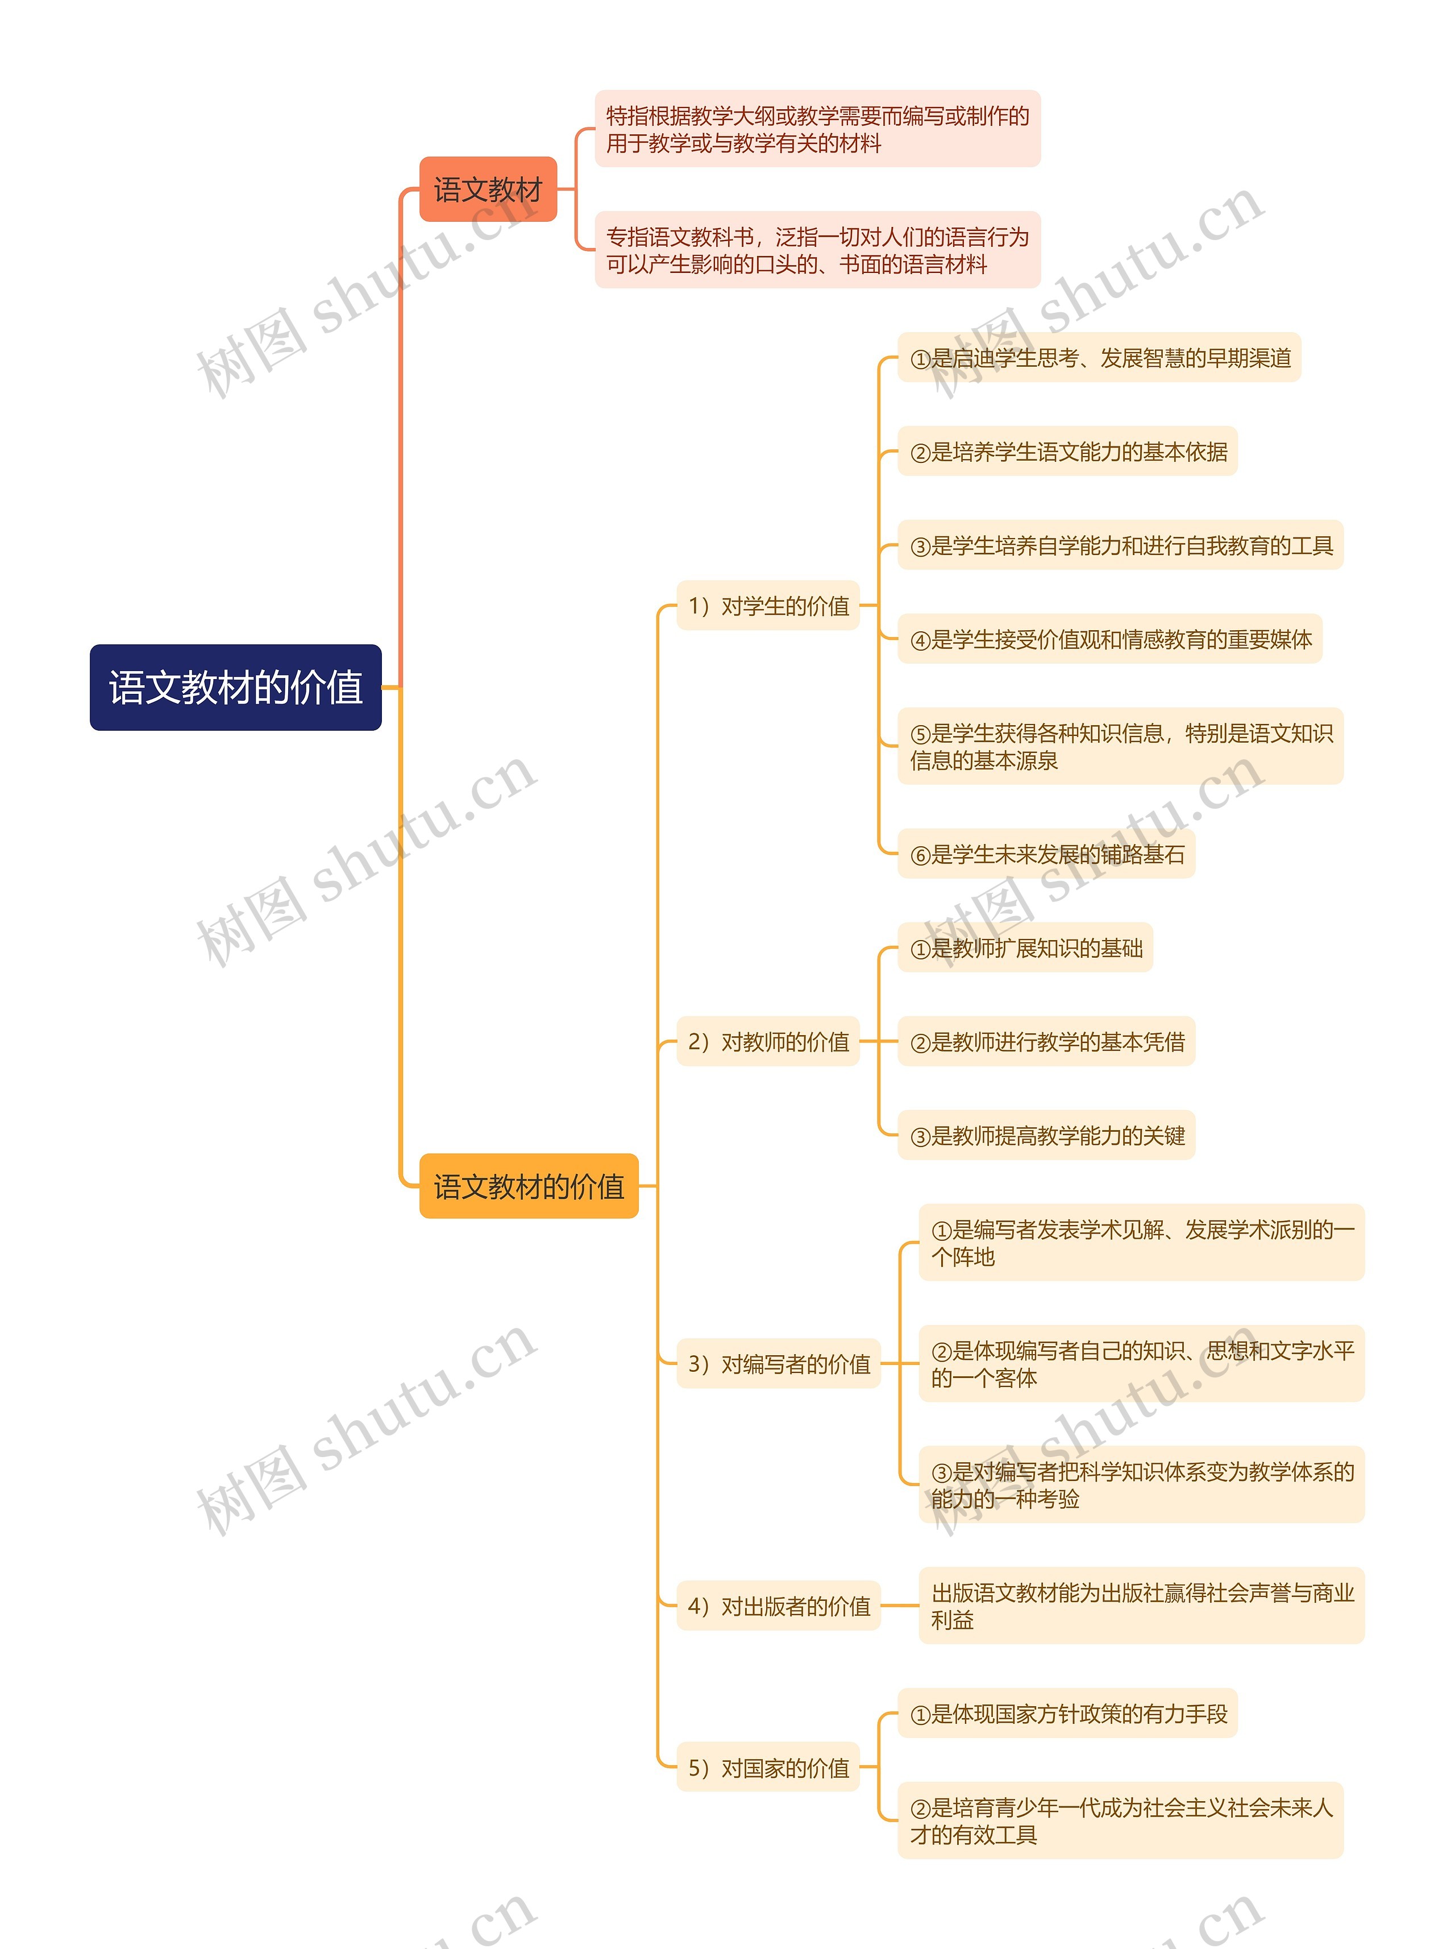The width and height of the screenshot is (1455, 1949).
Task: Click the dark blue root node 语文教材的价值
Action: tap(235, 687)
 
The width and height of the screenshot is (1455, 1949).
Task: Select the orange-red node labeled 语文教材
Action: tap(488, 189)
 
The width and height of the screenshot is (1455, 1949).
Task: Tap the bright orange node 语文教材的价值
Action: tap(529, 1186)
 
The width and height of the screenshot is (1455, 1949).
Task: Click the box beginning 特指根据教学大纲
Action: tap(817, 129)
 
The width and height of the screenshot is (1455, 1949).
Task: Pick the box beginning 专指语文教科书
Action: tap(817, 250)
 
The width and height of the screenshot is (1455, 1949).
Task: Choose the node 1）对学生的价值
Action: tap(768, 605)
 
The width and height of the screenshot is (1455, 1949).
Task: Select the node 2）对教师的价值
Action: tap(768, 1041)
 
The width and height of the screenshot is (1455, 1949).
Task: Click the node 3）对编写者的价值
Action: tap(779, 1364)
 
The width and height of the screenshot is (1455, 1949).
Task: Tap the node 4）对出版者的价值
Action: tap(779, 1605)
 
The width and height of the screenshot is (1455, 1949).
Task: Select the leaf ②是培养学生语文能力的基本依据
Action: tap(1067, 452)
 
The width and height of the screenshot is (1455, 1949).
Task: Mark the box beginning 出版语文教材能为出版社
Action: tap(1141, 1605)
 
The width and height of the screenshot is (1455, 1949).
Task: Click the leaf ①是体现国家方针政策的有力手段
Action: tap(1067, 1714)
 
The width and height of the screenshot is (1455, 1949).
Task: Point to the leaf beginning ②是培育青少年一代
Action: tap(1120, 1821)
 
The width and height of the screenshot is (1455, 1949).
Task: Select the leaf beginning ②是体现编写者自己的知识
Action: tap(1141, 1364)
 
